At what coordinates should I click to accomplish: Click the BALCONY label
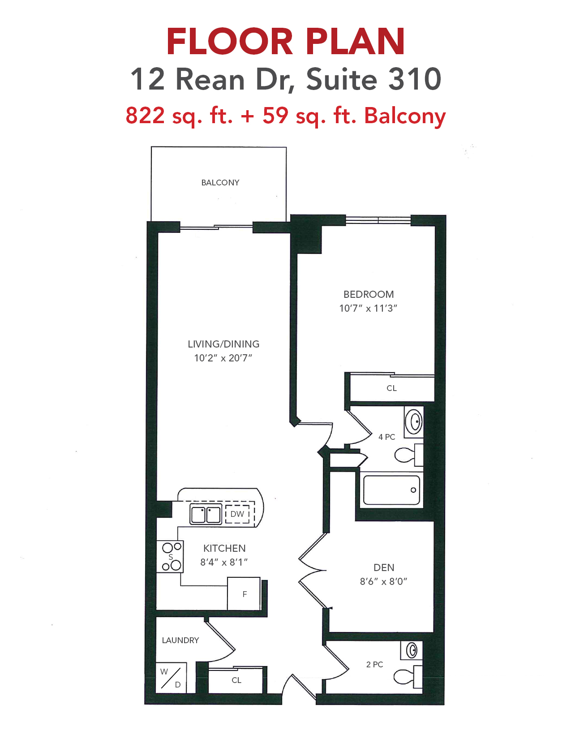tap(220, 183)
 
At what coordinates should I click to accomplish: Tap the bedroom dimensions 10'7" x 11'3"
tap(368, 308)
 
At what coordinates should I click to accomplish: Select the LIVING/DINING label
tap(223, 344)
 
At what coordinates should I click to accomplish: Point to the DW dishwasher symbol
tap(237, 514)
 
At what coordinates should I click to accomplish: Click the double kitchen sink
tap(206, 514)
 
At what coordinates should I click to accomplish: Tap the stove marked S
tap(170, 556)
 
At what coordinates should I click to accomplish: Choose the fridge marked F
tap(244, 593)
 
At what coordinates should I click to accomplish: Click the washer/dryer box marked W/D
tap(171, 678)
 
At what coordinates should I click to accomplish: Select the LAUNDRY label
tap(180, 640)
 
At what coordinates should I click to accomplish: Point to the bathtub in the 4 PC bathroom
tap(391, 490)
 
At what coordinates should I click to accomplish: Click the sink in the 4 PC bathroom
tap(414, 422)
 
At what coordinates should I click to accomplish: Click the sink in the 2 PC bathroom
tap(412, 650)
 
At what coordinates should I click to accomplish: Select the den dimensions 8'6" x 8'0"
tap(383, 581)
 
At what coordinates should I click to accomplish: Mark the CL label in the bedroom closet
tap(391, 388)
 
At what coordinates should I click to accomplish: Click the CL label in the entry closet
tap(236, 680)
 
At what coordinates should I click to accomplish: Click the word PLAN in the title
tap(355, 42)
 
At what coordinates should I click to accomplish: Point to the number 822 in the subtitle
tap(145, 115)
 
